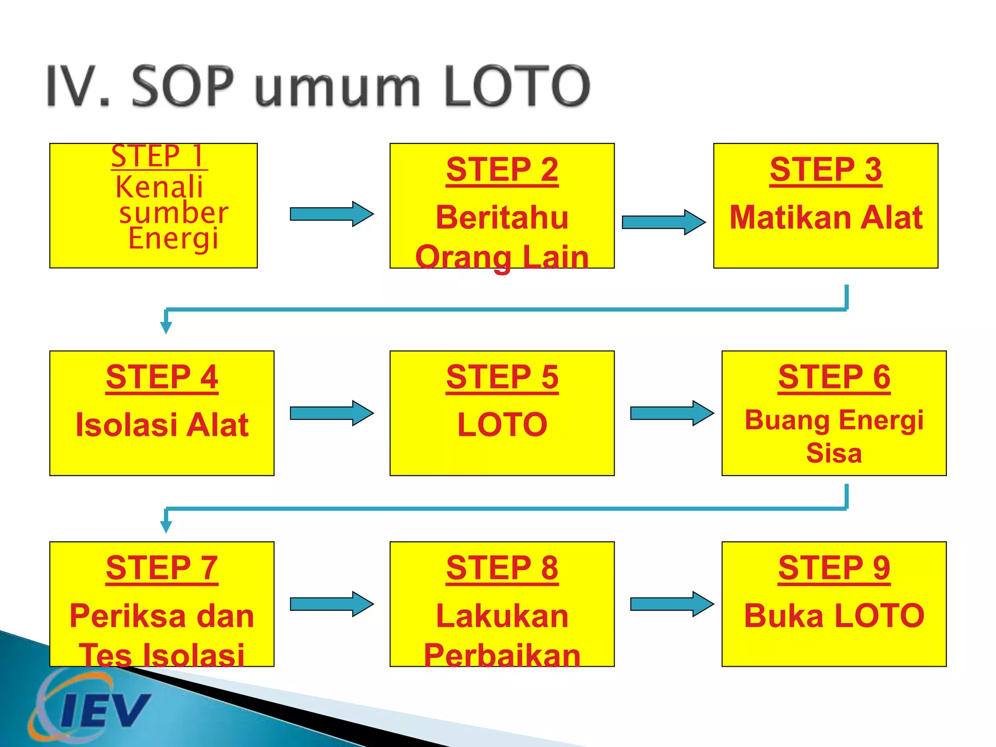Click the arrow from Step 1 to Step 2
pyautogui.click(x=332, y=214)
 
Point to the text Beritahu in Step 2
pyautogui.click(x=502, y=217)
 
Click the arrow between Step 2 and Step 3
pyautogui.click(x=663, y=222)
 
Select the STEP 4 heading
pyautogui.click(x=162, y=377)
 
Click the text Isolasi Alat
pyautogui.click(x=162, y=425)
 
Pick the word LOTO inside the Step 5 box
pyautogui.click(x=502, y=425)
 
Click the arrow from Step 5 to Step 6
pyautogui.click(x=672, y=413)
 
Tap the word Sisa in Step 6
pyautogui.click(x=834, y=453)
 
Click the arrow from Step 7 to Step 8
pyautogui.click(x=332, y=604)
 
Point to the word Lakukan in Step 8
pyautogui.click(x=502, y=616)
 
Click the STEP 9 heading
pyautogui.click(x=834, y=568)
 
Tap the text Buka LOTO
pyautogui.click(x=834, y=616)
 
